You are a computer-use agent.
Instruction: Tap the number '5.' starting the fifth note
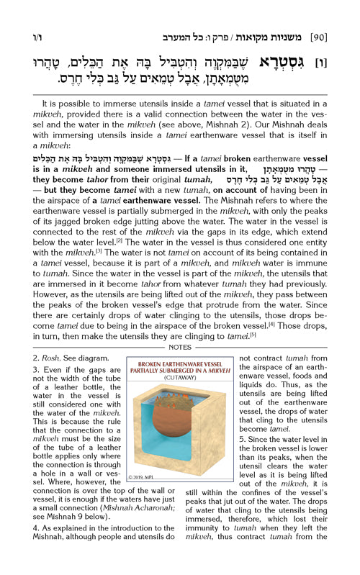240,438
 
